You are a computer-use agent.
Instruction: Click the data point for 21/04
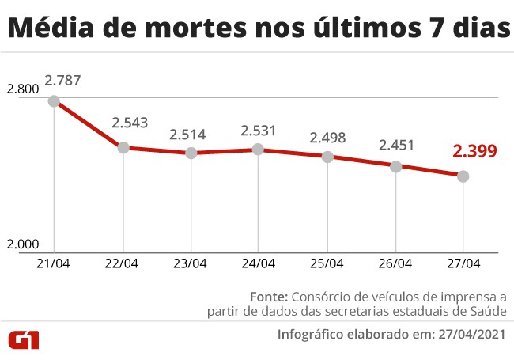[54, 100]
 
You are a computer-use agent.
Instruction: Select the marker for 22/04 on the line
[123, 147]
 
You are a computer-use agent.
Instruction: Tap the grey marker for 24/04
[259, 149]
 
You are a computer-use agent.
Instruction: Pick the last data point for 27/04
[463, 176]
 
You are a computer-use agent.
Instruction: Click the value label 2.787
[62, 80]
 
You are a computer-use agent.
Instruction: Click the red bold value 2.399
[474, 152]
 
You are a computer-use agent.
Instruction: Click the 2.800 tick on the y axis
[23, 90]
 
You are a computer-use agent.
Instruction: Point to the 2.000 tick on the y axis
[23, 244]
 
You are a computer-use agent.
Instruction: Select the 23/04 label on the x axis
[191, 263]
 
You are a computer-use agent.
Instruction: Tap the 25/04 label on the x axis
[327, 263]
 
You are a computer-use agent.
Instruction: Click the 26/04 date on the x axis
[395, 263]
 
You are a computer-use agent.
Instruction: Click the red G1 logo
[25, 339]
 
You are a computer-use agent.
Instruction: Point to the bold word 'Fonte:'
[268, 297]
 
